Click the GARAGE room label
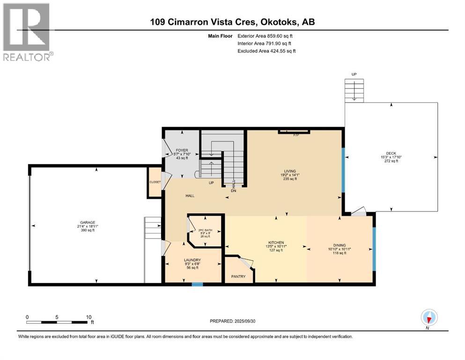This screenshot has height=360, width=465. (x=87, y=222)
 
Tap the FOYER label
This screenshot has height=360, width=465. (x=182, y=150)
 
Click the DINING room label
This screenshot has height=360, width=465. (x=340, y=245)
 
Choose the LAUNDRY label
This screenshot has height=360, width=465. (x=192, y=260)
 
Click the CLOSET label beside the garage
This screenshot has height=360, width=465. (x=155, y=182)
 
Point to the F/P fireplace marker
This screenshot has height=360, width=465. (x=295, y=135)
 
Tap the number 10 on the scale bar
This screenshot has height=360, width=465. (x=89, y=316)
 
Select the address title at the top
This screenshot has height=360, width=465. (x=232, y=22)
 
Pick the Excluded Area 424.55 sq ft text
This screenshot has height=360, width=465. (x=266, y=51)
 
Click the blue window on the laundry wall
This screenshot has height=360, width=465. (x=197, y=284)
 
